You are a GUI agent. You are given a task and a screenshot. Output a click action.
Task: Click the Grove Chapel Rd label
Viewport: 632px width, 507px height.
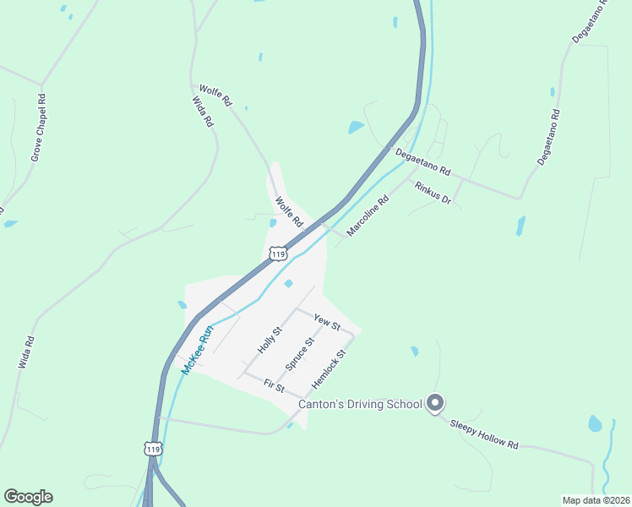(x=38, y=128)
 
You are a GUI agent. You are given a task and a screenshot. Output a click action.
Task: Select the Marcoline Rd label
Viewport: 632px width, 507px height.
(x=367, y=216)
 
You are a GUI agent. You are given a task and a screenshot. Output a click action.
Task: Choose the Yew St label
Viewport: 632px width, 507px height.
(x=326, y=321)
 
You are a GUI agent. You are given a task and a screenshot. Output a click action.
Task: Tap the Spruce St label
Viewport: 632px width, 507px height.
(x=299, y=354)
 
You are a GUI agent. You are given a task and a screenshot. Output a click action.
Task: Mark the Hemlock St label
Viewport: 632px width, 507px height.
(x=329, y=369)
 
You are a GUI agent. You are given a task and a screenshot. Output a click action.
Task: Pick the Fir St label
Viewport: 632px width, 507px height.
(x=274, y=385)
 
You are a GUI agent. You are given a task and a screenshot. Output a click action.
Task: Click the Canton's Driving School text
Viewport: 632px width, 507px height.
(x=360, y=404)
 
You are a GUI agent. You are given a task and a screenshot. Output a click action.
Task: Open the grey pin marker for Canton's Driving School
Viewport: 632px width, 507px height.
(x=435, y=403)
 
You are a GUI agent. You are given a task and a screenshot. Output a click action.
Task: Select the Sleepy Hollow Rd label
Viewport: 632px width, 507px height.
(x=483, y=433)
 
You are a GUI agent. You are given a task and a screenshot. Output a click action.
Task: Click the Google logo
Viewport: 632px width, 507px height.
(x=28, y=497)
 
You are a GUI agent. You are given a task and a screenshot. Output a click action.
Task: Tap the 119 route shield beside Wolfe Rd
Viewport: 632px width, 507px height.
(x=278, y=253)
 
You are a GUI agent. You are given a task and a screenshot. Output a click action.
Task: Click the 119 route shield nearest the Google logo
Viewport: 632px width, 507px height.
(x=152, y=450)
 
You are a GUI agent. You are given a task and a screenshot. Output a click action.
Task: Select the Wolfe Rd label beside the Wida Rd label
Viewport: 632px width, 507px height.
(x=215, y=95)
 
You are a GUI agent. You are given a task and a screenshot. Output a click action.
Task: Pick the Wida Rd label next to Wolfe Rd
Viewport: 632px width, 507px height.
(x=203, y=112)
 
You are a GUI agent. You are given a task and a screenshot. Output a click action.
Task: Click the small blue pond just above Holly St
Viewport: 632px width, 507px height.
(x=289, y=283)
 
